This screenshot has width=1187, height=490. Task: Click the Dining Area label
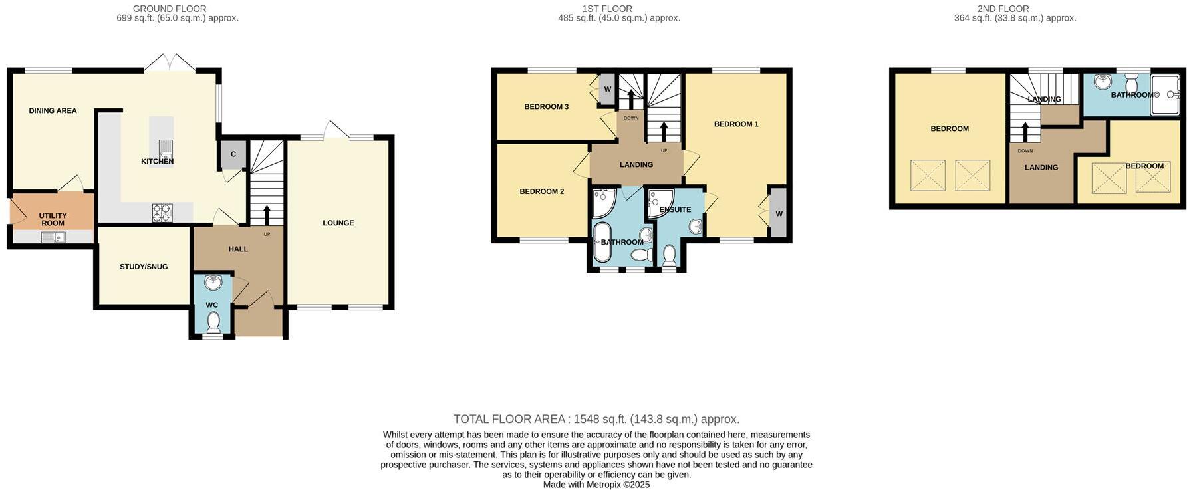click(x=53, y=111)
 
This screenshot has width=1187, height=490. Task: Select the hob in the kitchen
click(x=162, y=213)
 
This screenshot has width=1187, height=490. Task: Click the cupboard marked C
click(x=233, y=154)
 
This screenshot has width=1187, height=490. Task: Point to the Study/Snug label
click(x=144, y=267)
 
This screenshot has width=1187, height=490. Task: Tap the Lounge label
click(x=338, y=223)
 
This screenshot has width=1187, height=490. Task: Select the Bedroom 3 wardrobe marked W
click(x=607, y=90)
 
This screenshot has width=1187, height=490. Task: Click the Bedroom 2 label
click(x=541, y=191)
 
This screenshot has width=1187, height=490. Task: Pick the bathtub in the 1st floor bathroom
click(x=602, y=243)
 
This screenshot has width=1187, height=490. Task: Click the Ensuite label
click(x=675, y=210)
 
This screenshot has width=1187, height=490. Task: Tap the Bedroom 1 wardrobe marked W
click(x=778, y=213)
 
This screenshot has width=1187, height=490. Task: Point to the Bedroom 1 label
click(x=736, y=124)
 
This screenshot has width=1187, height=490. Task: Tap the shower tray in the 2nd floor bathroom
click(x=1166, y=95)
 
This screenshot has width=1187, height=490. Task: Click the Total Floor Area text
click(x=596, y=419)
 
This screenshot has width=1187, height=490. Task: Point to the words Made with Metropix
click(x=596, y=485)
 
